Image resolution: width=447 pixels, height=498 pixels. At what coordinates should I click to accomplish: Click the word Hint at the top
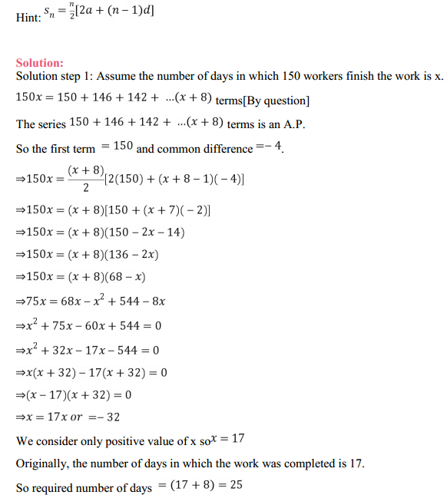point(28,17)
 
